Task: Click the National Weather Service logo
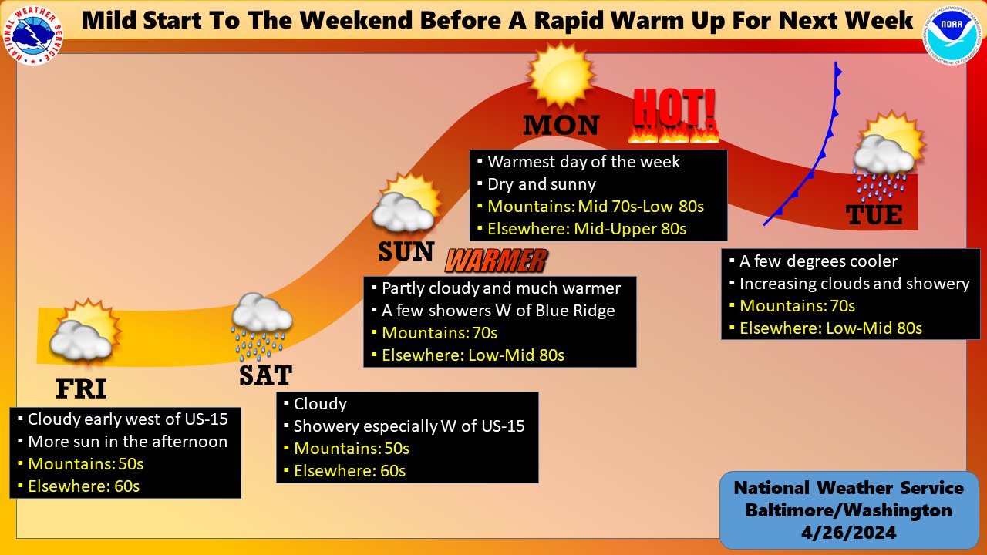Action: click(33, 35)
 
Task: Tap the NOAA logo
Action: click(952, 35)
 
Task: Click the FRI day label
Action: click(82, 389)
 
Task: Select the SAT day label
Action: click(266, 375)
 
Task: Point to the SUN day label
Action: click(406, 251)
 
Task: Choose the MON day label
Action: click(561, 125)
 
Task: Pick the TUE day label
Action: click(874, 215)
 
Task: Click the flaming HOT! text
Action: click(674, 116)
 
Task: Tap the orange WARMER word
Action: click(497, 261)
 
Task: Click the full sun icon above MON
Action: click(561, 75)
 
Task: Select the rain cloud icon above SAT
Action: click(261, 326)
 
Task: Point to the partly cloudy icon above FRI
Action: click(86, 331)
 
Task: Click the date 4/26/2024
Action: click(849, 532)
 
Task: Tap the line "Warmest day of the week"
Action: click(584, 162)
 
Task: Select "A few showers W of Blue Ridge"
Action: click(498, 311)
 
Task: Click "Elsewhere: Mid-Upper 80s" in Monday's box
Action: click(587, 229)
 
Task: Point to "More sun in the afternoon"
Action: click(128, 442)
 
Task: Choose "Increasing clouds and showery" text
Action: click(854, 283)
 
